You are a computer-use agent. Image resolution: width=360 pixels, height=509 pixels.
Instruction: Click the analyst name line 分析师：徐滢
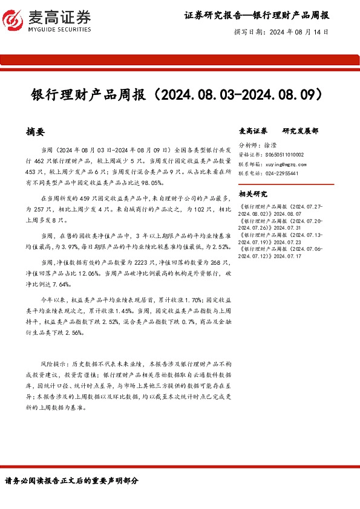[259, 146]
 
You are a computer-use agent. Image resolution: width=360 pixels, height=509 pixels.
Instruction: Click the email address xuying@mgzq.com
[281, 164]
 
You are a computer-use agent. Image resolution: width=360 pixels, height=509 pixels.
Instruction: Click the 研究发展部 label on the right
[300, 131]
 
